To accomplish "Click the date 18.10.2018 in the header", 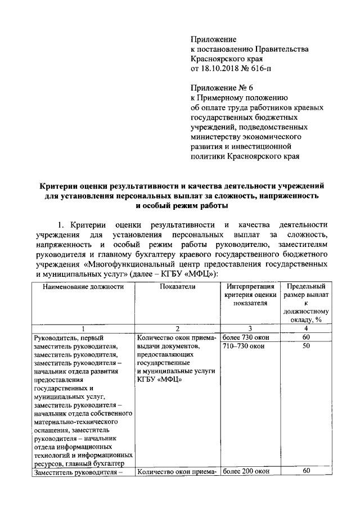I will point(220,68).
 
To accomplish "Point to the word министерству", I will point(220,136).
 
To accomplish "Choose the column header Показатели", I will point(177,286).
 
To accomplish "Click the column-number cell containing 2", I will point(177,328).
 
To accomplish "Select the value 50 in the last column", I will point(306,346).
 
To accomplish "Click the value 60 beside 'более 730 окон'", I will point(306,337).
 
